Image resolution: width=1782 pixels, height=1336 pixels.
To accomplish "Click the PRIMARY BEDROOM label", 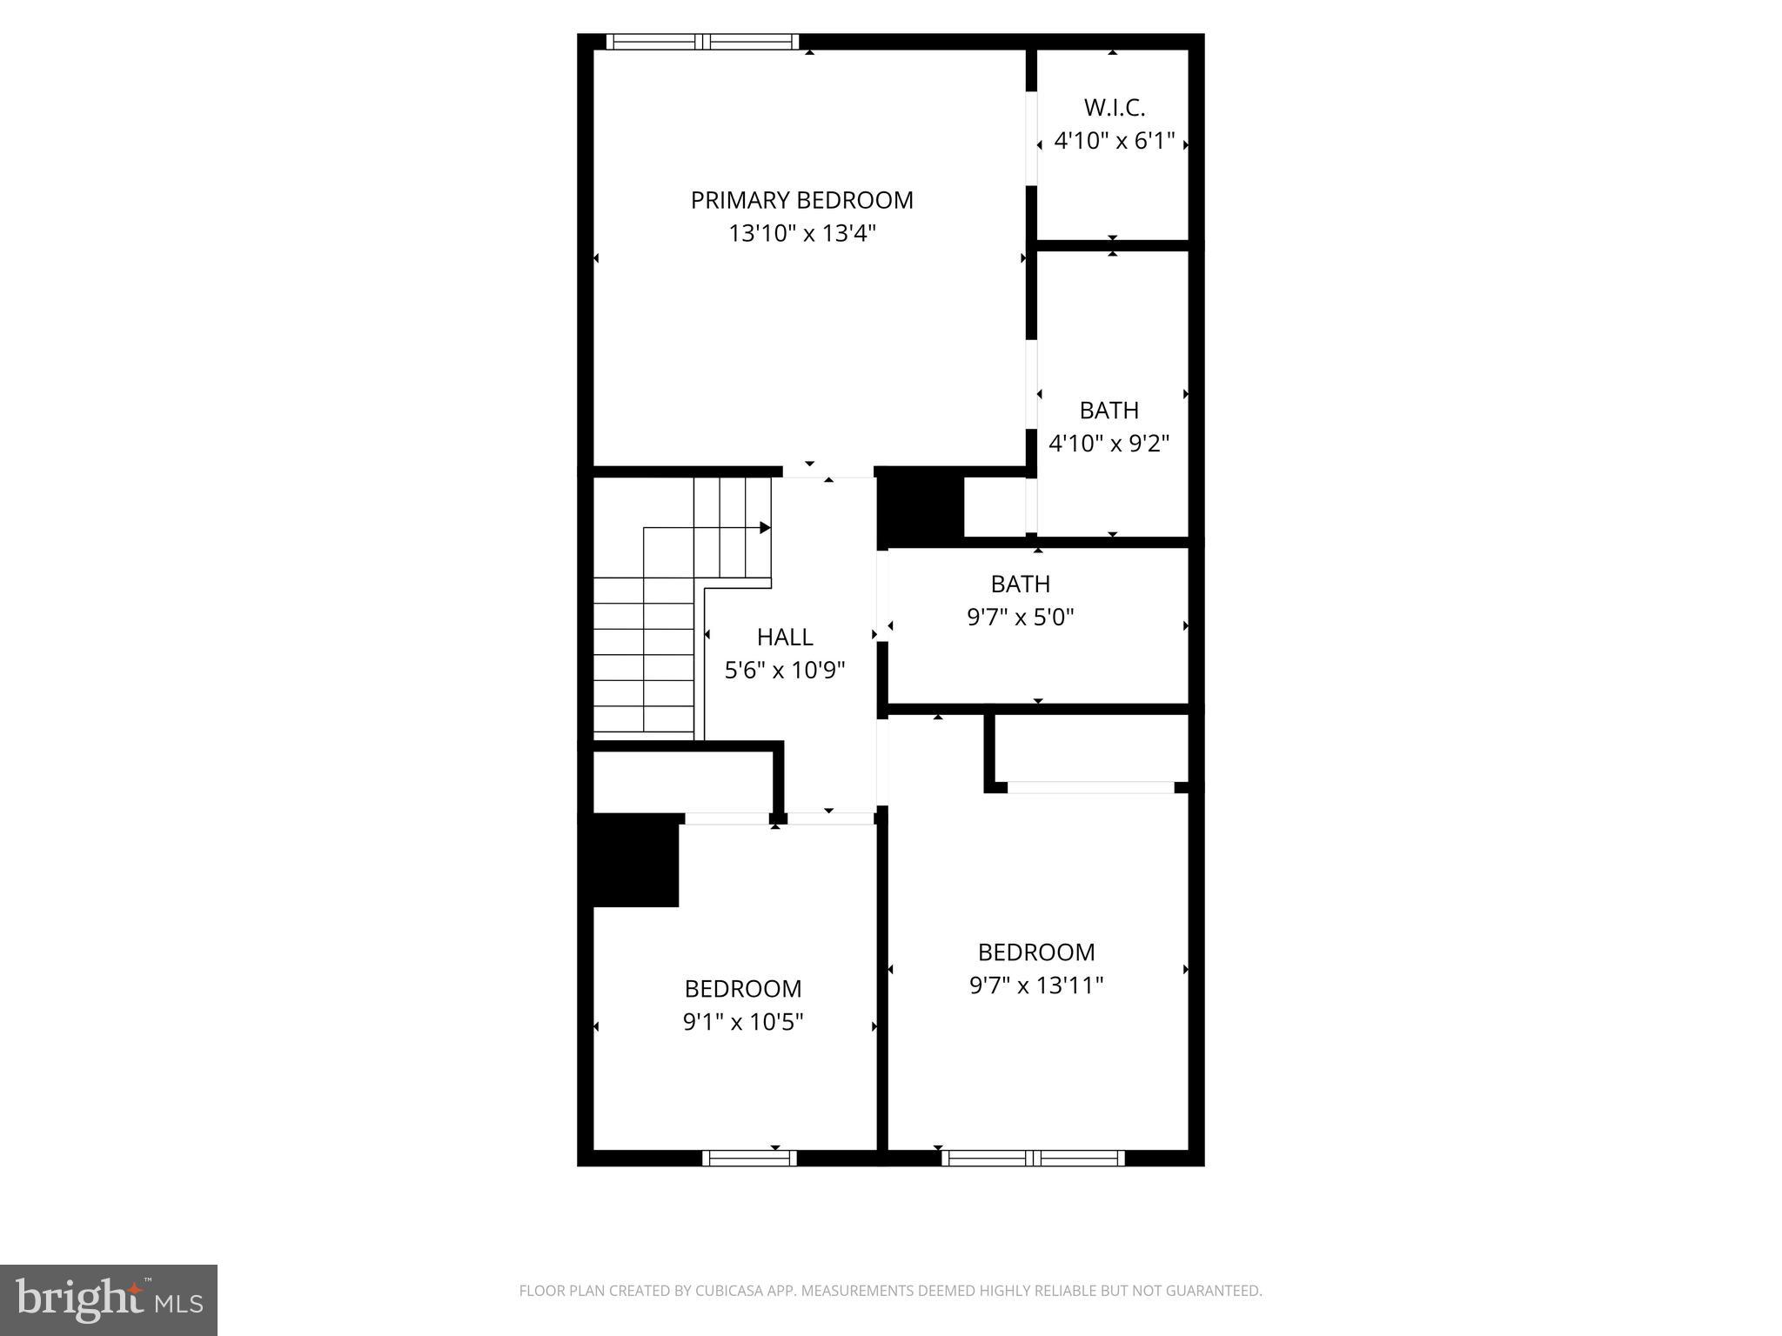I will [801, 200].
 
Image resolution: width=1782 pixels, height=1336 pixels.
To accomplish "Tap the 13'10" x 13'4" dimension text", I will [801, 234].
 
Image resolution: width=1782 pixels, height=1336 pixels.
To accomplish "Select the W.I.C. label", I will [1114, 108].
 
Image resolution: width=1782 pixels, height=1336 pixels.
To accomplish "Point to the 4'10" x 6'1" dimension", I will [1114, 141].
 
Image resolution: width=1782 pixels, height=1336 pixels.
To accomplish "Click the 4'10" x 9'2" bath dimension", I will [1109, 444].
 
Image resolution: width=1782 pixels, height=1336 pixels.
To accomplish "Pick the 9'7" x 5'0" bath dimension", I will [1021, 618].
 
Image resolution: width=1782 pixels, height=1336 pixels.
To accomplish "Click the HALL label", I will [785, 638].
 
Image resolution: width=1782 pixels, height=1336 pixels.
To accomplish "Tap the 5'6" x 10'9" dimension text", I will [785, 671].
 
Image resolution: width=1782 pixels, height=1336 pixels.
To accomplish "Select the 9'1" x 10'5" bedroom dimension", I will [742, 1022].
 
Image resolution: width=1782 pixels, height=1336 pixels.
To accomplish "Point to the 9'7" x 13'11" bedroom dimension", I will [1036, 985].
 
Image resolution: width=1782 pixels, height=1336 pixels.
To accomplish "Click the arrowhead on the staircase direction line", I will [766, 528].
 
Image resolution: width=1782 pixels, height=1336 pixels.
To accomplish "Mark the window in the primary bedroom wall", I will [702, 42].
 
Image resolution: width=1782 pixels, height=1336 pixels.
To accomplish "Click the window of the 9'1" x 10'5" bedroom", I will [749, 1158].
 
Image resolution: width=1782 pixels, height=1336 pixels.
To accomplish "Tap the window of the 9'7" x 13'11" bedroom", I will [1033, 1158].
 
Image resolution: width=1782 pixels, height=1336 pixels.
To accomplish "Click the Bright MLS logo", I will [109, 1299].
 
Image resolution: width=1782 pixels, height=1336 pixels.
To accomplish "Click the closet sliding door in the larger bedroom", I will [1090, 787].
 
